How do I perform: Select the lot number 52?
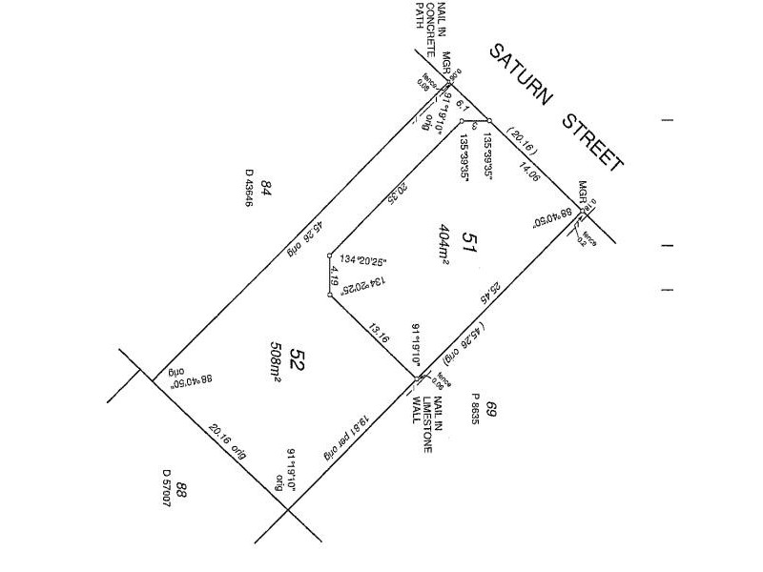click(x=297, y=360)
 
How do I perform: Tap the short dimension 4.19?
click(x=334, y=277)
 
